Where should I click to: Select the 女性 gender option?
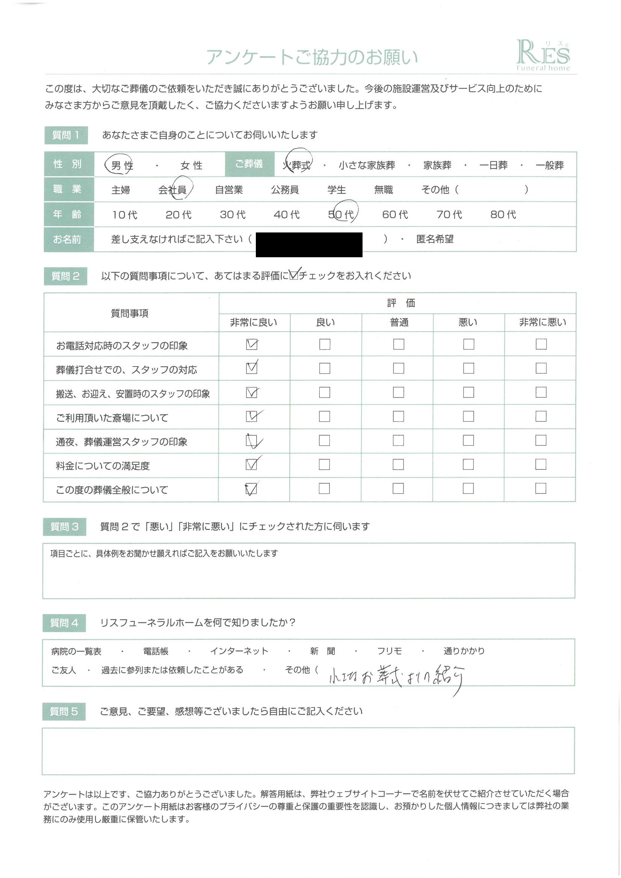tap(191, 165)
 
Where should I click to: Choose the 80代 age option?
tap(503, 214)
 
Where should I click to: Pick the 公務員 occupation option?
tap(285, 190)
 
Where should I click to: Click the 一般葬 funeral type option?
tap(550, 165)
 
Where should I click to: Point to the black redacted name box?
tap(309, 244)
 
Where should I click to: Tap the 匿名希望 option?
tap(435, 239)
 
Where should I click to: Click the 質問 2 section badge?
tap(65, 276)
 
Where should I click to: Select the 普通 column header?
tap(399, 322)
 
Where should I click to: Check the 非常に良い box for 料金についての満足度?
tap(251, 464)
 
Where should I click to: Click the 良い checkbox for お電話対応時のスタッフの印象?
tap(325, 344)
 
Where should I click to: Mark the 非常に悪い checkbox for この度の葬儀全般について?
tap(540, 488)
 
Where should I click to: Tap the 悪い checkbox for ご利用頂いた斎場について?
tap(468, 416)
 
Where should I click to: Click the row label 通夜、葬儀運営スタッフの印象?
tap(122, 442)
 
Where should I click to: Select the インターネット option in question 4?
tap(239, 651)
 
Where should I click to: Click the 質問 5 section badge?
tap(64, 711)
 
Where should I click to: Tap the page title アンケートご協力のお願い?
tap(312, 57)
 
